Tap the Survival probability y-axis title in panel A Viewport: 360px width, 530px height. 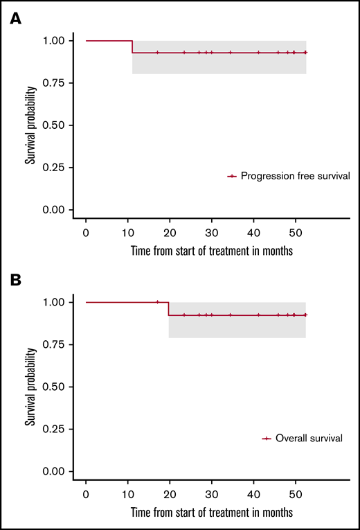point(30,125)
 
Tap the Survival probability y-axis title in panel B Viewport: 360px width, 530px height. point(30,387)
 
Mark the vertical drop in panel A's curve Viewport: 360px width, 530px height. point(132,46)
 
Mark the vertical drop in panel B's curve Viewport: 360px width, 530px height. point(169,308)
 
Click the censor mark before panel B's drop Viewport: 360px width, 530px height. point(157,302)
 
